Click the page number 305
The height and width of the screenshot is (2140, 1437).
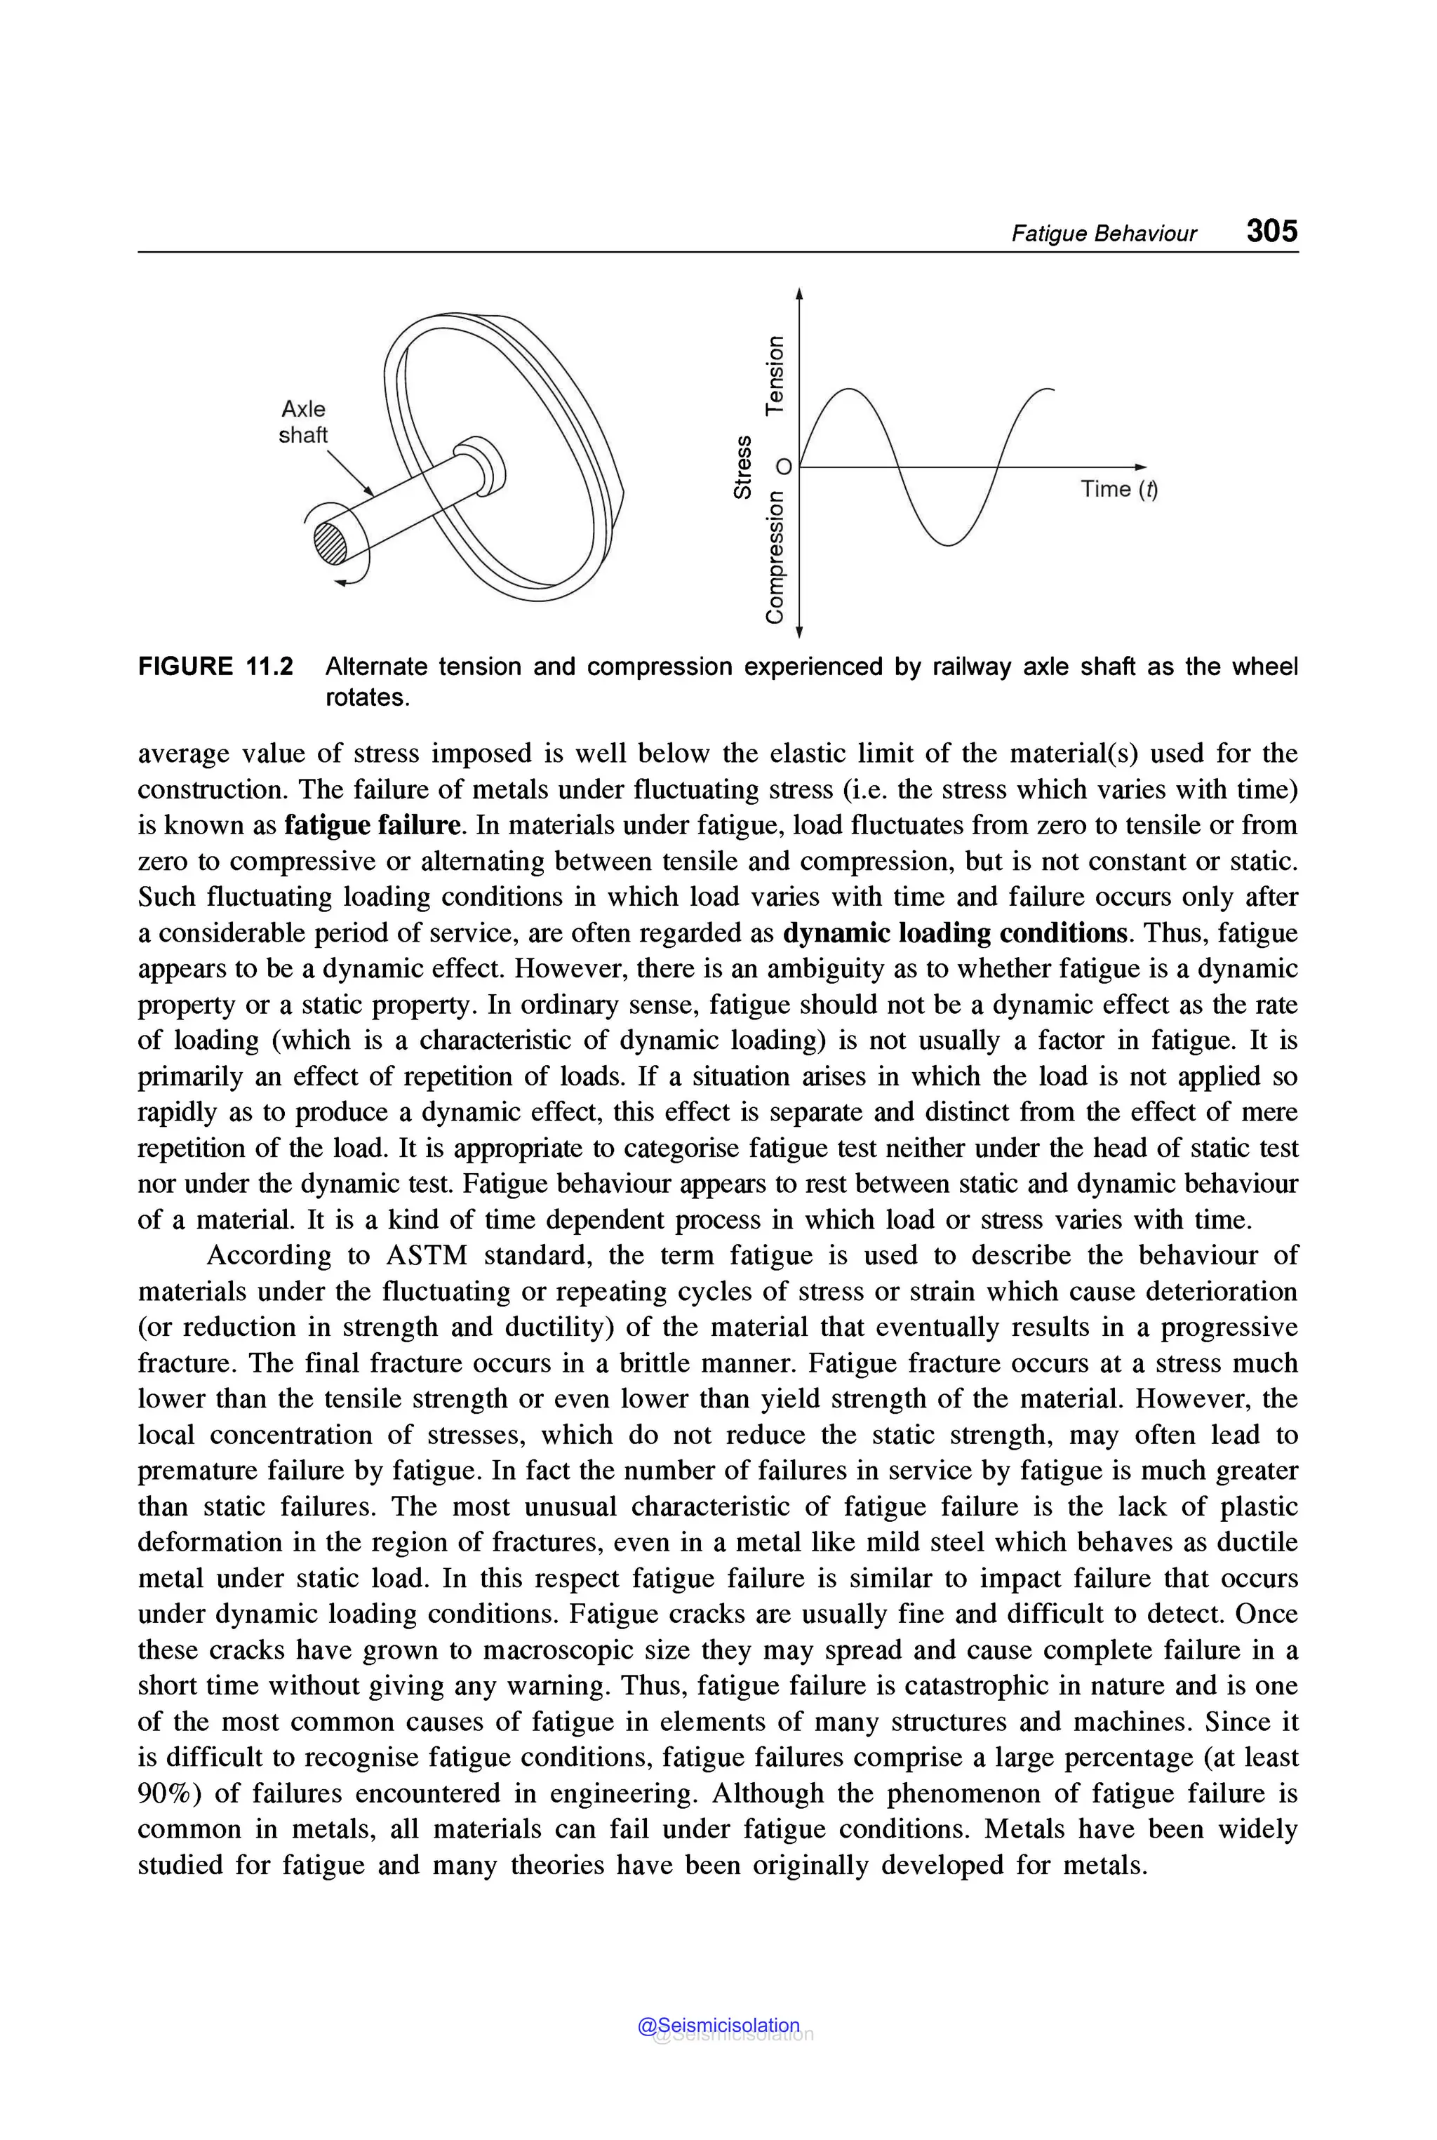click(1271, 230)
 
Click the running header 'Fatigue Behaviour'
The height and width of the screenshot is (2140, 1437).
click(1104, 234)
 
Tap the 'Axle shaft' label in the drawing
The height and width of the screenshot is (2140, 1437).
click(302, 422)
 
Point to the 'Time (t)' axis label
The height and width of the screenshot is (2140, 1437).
click(1118, 490)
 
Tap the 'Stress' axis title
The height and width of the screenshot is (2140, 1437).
click(743, 467)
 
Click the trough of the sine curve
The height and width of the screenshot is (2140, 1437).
click(950, 544)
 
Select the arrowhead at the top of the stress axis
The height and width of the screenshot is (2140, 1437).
click(799, 293)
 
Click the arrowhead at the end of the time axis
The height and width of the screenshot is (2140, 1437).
click(1140, 467)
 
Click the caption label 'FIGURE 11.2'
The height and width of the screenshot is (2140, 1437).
click(215, 667)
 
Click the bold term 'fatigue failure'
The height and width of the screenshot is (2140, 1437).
click(372, 825)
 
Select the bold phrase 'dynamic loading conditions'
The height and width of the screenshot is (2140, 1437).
click(955, 933)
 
